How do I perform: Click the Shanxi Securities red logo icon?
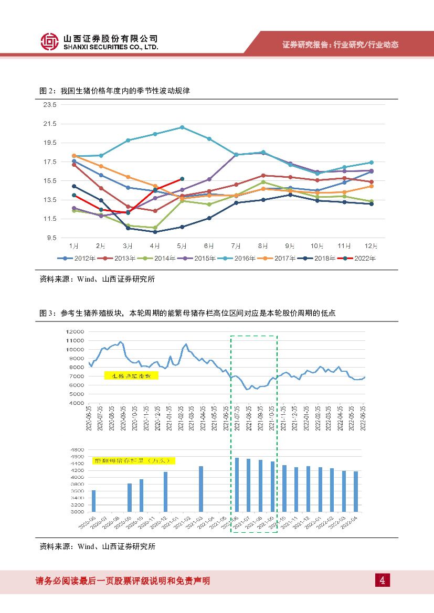click(x=49, y=41)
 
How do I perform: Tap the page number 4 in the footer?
click(x=383, y=580)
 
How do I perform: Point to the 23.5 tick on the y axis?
click(x=50, y=105)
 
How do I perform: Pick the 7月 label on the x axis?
click(x=236, y=245)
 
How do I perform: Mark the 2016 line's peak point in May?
click(x=182, y=127)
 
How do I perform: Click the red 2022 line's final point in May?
click(x=182, y=179)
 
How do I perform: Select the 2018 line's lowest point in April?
click(x=155, y=232)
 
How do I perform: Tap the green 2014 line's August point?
click(x=263, y=182)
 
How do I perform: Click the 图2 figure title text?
click(x=114, y=91)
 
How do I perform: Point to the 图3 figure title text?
click(x=187, y=313)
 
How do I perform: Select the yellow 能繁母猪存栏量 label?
click(x=133, y=460)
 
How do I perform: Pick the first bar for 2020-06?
click(x=94, y=501)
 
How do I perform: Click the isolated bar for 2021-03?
click(x=200, y=489)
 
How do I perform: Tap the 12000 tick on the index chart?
click(x=76, y=332)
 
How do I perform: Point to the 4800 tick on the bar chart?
click(x=77, y=450)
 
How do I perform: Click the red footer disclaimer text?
click(x=123, y=580)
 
